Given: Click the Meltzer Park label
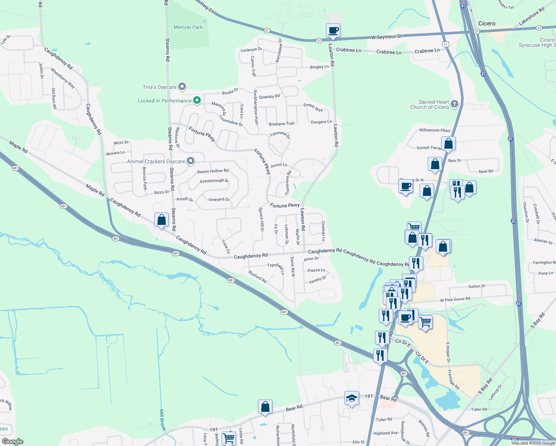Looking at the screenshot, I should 188,27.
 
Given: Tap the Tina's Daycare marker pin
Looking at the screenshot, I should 182,87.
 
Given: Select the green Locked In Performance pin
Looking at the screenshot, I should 197,100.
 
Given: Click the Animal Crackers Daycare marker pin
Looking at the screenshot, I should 191,161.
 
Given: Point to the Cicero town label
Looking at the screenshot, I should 486,23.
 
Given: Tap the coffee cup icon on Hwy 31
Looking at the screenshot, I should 333,30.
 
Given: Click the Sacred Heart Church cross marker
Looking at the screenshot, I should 454,104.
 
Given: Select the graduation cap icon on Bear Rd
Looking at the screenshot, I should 352,398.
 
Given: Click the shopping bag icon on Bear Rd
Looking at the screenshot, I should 265,407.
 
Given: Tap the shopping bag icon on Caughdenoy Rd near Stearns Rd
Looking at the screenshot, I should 161,220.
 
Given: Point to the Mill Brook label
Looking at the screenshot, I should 162,420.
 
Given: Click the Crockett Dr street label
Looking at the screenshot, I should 536,214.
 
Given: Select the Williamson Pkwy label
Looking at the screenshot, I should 434,130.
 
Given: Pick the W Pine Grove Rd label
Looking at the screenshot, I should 455,299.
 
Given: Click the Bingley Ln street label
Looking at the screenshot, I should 319,67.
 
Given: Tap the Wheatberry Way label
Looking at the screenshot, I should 63,78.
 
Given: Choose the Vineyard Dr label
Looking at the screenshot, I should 219,200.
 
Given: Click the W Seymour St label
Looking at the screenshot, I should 387,37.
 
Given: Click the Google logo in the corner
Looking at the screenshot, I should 13,441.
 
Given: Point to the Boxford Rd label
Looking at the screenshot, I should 258,277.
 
